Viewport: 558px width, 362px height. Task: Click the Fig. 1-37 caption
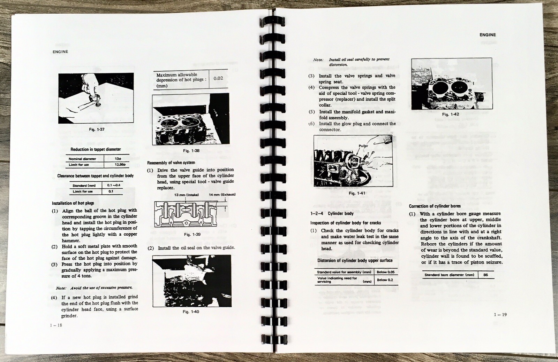tap(97, 129)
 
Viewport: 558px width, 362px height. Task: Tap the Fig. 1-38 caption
tap(191, 151)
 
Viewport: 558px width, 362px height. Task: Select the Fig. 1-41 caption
tap(357, 193)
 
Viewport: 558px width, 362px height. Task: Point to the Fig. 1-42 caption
tap(451, 114)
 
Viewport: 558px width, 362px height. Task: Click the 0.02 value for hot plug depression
tap(218, 78)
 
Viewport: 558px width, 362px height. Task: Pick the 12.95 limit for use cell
tap(116, 165)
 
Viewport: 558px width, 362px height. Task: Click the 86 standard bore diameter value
tap(485, 275)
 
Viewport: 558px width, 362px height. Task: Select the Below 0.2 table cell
tap(385, 280)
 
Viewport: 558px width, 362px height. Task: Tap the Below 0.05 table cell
tap(385, 272)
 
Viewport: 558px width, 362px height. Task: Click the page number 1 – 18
tap(56, 325)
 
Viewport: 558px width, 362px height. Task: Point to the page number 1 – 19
tap(500, 315)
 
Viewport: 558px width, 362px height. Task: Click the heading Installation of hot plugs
tap(73, 203)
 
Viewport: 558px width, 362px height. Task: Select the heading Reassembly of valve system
tap(171, 163)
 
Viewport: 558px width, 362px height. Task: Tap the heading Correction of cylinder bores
tap(435, 206)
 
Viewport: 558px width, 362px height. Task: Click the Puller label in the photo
tap(363, 146)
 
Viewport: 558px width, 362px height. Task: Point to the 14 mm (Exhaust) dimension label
tap(222, 195)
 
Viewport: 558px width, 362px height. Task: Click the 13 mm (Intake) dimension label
tap(186, 195)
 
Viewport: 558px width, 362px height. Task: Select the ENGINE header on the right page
tap(487, 35)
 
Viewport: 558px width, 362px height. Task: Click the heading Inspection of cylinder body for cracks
tap(345, 223)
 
